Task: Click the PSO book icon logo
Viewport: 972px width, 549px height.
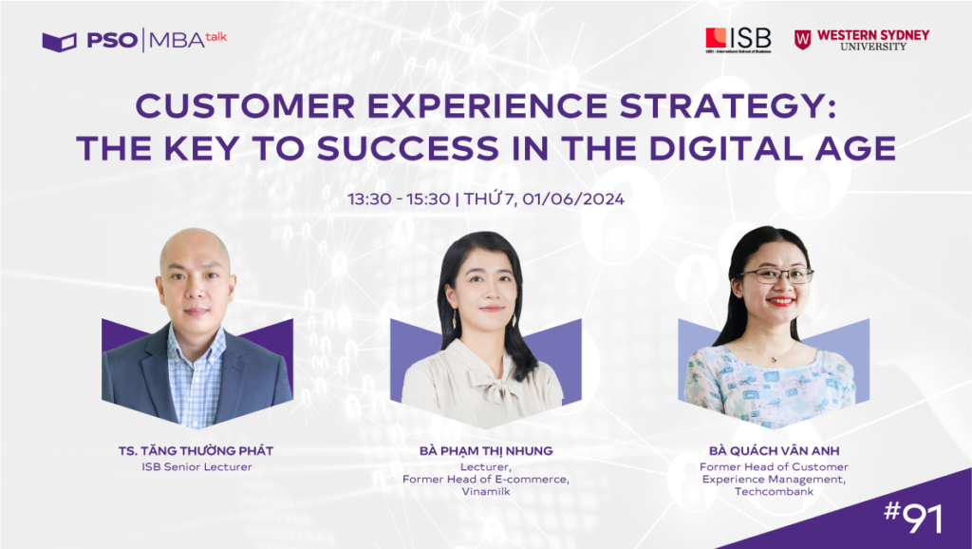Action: [x=59, y=41]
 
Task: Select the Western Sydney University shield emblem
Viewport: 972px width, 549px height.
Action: [x=803, y=39]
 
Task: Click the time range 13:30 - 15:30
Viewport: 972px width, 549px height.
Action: [x=400, y=199]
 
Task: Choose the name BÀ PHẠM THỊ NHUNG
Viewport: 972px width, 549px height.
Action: [x=485, y=451]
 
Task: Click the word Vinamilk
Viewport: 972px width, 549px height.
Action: [x=485, y=493]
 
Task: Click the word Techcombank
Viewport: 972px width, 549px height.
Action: [x=774, y=494]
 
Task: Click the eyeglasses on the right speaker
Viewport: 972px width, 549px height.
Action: [x=776, y=275]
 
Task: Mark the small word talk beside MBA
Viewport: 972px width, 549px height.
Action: [x=216, y=36]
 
